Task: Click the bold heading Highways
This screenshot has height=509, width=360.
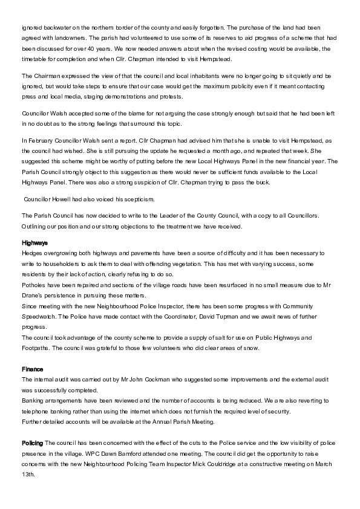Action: [x=34, y=242]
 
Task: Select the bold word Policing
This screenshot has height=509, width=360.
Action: [x=32, y=443]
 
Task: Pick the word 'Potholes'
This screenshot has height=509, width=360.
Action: [x=34, y=284]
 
